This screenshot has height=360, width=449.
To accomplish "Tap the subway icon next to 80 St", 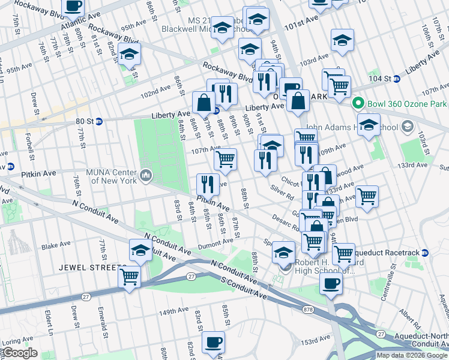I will (x=99, y=121).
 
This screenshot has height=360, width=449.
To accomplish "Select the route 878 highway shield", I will (x=309, y=310).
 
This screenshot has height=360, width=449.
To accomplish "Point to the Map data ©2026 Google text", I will (x=411, y=355).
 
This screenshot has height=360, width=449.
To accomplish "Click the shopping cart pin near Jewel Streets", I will (x=130, y=277).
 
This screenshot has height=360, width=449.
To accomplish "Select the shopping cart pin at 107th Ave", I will (x=225, y=159).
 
